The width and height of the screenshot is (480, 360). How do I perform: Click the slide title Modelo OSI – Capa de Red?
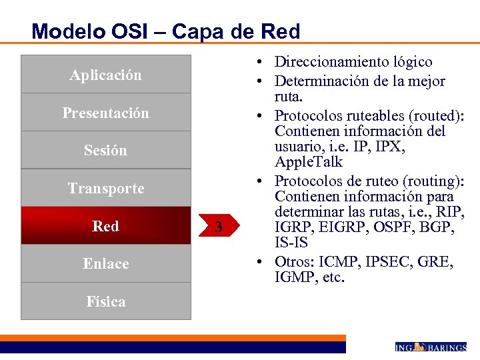(166, 31)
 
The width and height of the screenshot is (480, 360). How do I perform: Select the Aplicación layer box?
(105, 75)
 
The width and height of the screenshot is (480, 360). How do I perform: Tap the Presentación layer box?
(105, 113)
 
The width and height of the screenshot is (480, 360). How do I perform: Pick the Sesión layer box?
(105, 151)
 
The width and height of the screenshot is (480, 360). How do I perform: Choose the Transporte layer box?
(105, 189)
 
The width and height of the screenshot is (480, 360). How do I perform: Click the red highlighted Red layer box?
(105, 226)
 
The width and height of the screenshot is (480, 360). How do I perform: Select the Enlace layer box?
(105, 264)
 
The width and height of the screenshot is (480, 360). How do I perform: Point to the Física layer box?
(105, 301)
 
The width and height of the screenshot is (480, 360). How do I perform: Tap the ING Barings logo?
(431, 347)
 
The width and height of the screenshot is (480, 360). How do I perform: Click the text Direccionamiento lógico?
(353, 62)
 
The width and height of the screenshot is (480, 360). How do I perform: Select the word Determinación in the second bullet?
(318, 81)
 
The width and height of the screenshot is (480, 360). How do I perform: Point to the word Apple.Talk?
(309, 162)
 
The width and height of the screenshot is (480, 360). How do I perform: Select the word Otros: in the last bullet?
(295, 261)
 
